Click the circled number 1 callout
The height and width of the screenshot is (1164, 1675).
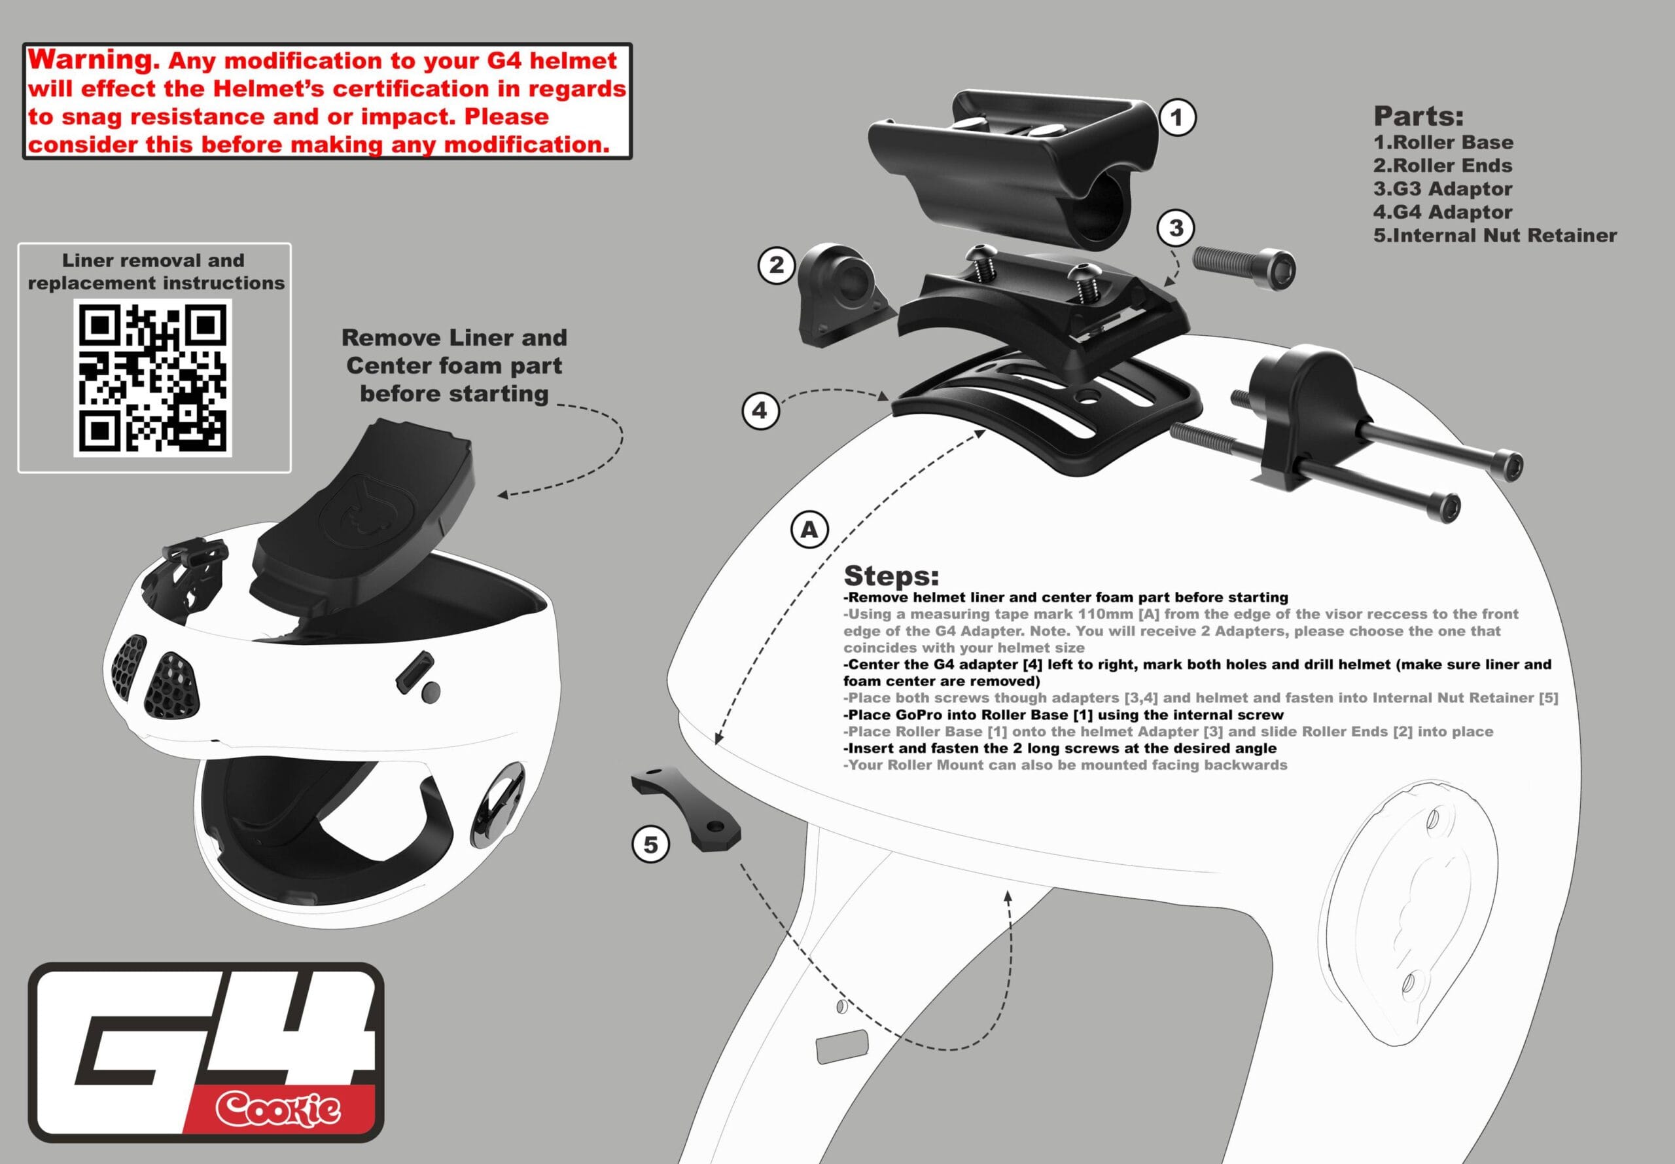tap(1176, 117)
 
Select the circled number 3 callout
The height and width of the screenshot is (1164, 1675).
tap(1176, 228)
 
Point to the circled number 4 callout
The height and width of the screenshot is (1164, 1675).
tap(760, 410)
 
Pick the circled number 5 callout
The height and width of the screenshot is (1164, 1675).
tap(650, 845)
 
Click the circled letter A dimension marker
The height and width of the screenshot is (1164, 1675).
tap(809, 530)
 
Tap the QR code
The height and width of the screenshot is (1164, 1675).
tap(152, 377)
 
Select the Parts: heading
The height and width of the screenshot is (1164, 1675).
tap(1418, 116)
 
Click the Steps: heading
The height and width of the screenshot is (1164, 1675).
tap(890, 575)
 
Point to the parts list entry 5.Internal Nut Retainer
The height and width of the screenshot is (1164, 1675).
tap(1494, 236)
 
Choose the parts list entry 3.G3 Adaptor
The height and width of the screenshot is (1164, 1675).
tap(1443, 189)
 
